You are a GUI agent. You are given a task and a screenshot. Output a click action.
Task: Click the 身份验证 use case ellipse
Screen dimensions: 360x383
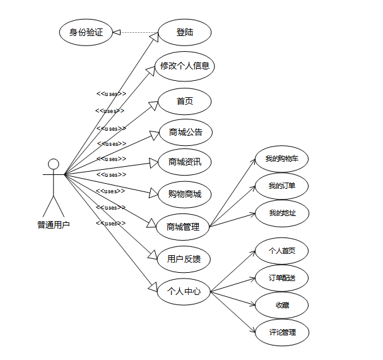coord(86,32)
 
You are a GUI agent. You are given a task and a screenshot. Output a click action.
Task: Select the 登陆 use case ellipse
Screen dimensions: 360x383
coord(184,32)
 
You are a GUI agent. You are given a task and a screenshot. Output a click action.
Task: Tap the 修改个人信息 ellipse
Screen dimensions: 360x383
coord(184,65)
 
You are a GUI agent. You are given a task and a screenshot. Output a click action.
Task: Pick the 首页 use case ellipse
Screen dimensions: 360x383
coord(184,101)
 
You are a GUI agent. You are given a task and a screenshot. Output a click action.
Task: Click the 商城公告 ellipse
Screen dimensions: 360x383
coord(185,133)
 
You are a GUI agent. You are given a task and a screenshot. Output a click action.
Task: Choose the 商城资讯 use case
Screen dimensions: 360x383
coord(184,162)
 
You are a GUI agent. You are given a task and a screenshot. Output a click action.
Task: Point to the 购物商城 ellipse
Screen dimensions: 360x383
coord(184,194)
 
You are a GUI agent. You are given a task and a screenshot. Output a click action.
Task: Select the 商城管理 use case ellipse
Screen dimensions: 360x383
coord(183,227)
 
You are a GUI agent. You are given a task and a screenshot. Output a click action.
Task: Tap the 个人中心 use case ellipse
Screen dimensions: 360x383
coord(184,291)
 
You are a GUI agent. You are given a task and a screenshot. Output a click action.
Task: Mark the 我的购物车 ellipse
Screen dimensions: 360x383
coord(281,159)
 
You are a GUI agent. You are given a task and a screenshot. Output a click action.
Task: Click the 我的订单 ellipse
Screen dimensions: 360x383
coord(281,186)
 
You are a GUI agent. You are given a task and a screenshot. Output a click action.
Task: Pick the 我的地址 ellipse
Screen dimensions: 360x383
coord(281,213)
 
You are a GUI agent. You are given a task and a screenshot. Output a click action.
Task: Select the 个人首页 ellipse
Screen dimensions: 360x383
coord(281,250)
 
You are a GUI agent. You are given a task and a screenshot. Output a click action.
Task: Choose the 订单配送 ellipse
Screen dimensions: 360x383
coord(281,278)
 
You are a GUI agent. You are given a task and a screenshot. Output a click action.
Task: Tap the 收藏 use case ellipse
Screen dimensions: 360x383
coord(281,305)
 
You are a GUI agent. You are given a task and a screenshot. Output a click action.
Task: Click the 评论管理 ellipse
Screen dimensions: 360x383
coord(281,332)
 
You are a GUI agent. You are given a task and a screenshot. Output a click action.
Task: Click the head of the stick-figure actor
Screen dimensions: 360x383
coord(54,164)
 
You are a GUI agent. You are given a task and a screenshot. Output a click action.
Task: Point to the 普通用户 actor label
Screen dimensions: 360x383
coord(54,224)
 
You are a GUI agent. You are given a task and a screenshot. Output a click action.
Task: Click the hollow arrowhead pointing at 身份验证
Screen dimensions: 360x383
coord(117,32)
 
